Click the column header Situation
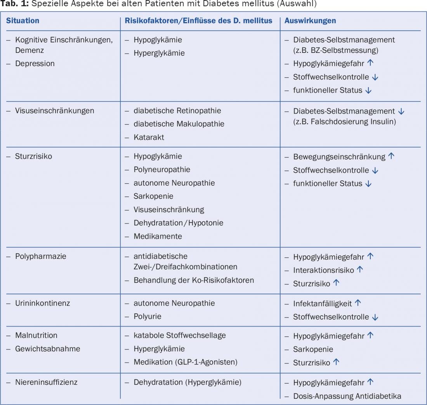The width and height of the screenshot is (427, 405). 23,21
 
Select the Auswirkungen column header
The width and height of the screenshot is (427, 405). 310,21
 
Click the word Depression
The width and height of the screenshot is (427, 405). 35,64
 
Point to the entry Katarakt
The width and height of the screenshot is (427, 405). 148,137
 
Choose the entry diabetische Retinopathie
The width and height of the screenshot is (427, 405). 177,111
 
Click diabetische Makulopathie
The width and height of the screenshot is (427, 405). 179,124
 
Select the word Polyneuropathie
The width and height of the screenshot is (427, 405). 162,170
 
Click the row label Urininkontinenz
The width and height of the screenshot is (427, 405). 43,303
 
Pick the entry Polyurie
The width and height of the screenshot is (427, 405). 148,316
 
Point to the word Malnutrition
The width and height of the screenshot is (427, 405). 36,335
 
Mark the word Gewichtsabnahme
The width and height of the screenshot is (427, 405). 48,349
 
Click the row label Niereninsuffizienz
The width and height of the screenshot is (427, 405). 46,382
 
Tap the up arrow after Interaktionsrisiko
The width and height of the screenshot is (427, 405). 359,270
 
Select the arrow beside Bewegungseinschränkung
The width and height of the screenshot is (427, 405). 391,157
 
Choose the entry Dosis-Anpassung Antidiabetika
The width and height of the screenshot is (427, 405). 347,396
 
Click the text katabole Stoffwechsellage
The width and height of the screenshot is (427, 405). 180,335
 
